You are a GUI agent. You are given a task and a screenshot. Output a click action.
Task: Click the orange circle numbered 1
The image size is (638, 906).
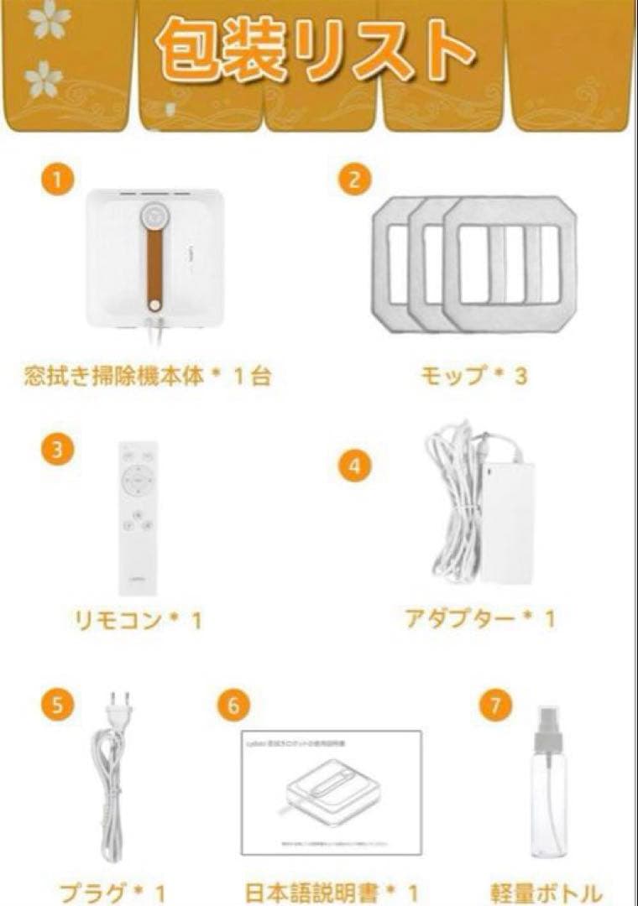click(55, 178)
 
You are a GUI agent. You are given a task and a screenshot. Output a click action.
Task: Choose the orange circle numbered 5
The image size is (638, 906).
click(56, 703)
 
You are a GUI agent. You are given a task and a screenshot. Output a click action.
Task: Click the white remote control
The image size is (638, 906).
click(138, 515)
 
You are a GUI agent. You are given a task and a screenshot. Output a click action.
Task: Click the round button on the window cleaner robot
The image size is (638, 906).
click(154, 214)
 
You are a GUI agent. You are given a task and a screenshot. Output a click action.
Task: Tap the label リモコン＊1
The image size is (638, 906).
click(138, 621)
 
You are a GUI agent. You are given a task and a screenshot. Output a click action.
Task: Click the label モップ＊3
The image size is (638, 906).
click(473, 375)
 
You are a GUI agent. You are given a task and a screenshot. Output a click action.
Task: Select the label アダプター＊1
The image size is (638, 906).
click(479, 619)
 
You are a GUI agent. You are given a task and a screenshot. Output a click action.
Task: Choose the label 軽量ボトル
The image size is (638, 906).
click(546, 892)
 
